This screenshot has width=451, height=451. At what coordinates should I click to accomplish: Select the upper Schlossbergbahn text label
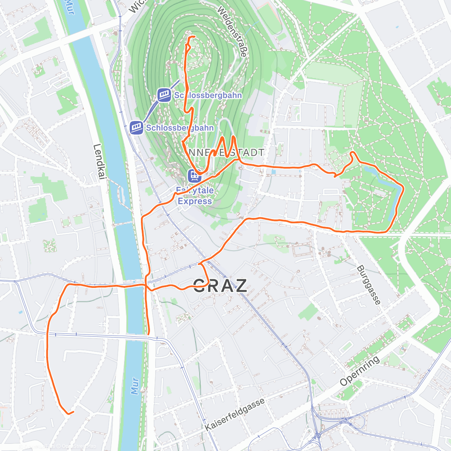tap(207, 95)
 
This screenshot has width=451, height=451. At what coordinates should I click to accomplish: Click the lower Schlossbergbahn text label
tap(180, 128)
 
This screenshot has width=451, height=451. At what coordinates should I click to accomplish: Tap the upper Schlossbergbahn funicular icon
tap(164, 95)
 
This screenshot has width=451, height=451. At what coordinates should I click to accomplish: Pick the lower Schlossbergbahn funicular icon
tap(136, 127)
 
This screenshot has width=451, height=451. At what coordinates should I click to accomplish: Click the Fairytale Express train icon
tap(195, 175)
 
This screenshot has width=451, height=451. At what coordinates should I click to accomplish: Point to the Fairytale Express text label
tap(195, 196)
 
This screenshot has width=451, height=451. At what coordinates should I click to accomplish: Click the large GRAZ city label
tap(220, 286)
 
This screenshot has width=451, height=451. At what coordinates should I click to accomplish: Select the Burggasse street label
tap(368, 285)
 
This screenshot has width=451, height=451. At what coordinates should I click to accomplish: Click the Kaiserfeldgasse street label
tap(235, 414)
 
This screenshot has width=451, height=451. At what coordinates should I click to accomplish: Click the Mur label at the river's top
tap(70, 8)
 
